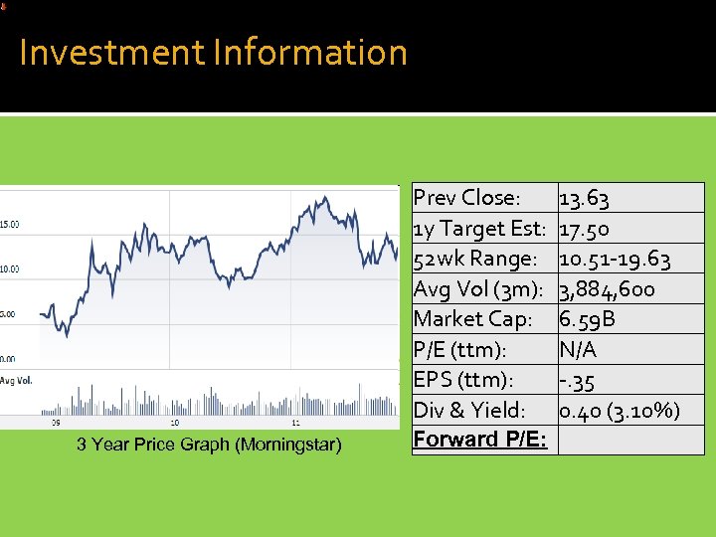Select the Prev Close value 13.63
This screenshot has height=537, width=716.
click(x=585, y=198)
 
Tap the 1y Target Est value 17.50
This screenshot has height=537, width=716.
click(x=586, y=229)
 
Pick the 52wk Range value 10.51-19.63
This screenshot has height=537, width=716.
click(x=615, y=260)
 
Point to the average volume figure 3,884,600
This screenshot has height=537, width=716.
click(x=607, y=289)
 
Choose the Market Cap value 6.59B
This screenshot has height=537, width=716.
click(x=588, y=319)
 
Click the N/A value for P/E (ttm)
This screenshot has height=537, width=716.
click(x=578, y=349)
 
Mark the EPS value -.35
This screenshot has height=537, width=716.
click(x=578, y=380)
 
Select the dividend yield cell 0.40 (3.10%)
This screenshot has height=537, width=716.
click(x=620, y=410)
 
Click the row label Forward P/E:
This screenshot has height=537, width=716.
click(x=480, y=440)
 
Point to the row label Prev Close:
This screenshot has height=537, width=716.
click(x=466, y=198)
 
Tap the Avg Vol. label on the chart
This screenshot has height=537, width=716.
click(x=16, y=380)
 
